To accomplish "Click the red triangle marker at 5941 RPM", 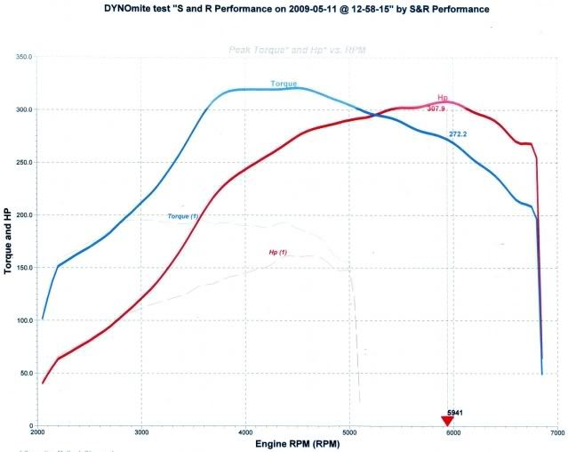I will click(447, 421).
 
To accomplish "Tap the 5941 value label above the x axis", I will click(456, 413).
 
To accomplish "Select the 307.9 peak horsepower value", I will click(436, 109).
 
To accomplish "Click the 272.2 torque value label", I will click(459, 134).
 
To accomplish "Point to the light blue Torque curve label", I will click(284, 84).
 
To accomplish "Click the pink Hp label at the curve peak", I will click(443, 99).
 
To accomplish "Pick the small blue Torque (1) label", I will click(182, 216).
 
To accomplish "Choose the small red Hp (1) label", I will click(278, 253).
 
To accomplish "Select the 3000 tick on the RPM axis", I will click(141, 433).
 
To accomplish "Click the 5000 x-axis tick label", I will click(349, 433).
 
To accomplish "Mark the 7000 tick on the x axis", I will click(556, 433).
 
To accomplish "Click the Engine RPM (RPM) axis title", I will click(298, 443).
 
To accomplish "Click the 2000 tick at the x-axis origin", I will click(37, 433).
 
